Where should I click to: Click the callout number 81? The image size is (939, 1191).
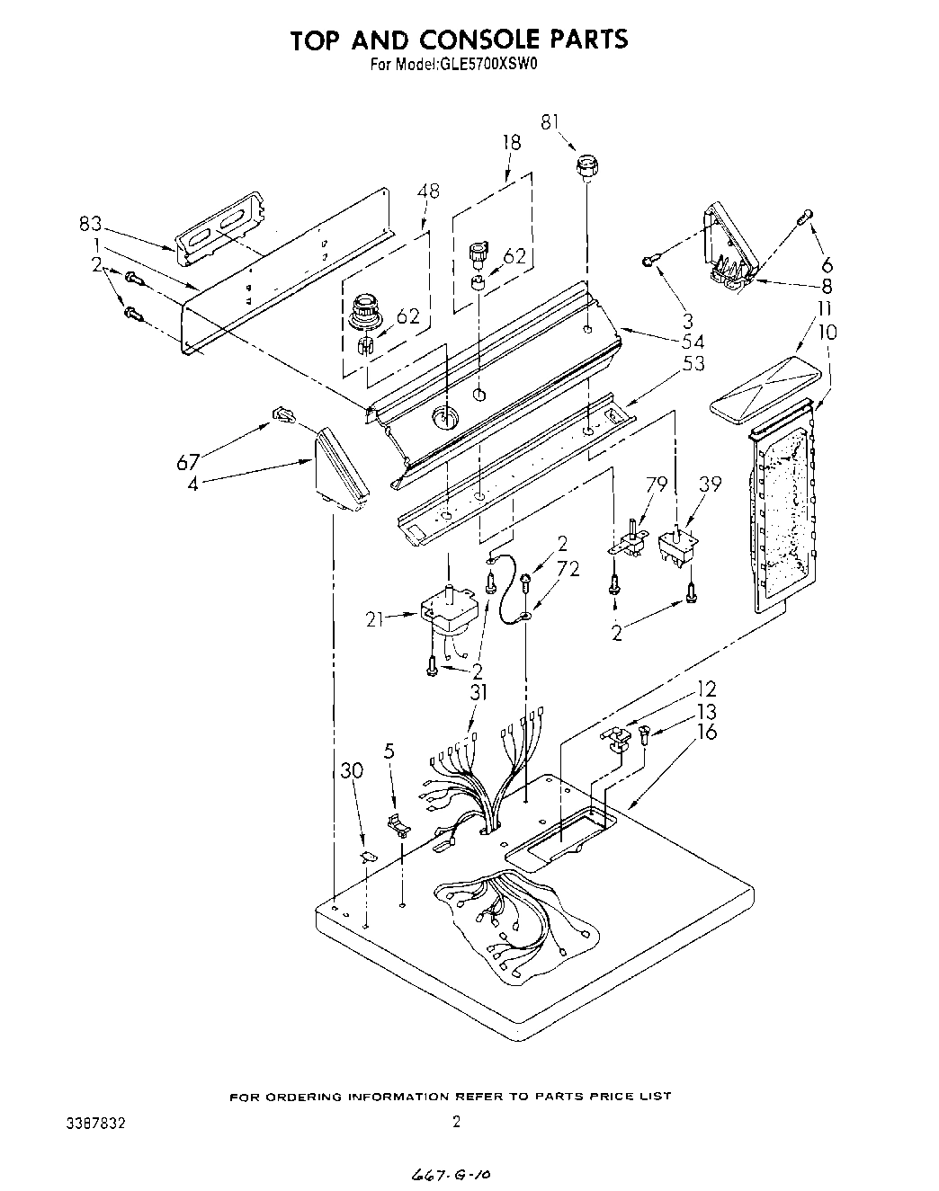point(549,122)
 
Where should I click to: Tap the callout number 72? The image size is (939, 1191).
point(568,568)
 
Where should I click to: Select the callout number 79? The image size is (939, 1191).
point(657,485)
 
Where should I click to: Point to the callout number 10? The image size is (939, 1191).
point(827,333)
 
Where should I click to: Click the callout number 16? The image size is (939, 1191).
point(707,732)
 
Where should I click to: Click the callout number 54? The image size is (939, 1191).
point(693,342)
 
